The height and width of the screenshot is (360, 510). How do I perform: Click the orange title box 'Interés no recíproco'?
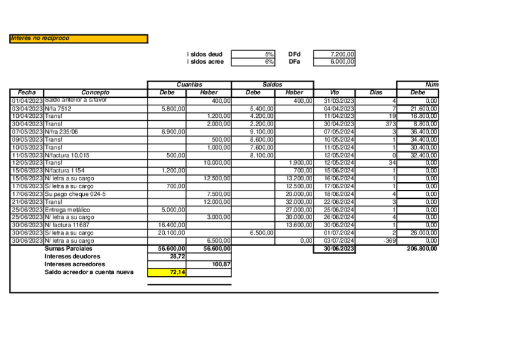78,38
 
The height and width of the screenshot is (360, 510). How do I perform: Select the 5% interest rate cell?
253,54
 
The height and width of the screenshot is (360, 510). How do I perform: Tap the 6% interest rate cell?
253,61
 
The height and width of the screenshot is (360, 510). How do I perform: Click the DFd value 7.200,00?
334,54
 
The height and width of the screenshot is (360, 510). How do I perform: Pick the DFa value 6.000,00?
334,61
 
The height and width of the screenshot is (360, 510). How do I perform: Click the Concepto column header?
96,93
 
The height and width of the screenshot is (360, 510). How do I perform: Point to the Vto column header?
334,93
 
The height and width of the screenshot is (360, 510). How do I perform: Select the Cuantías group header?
189,85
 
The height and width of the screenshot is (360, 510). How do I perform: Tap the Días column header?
376,93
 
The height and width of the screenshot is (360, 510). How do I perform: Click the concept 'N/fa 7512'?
58,108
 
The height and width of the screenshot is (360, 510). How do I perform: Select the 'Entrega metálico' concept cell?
67,210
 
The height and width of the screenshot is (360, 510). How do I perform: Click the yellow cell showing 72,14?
167,272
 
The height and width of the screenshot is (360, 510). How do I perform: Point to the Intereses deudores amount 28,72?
167,256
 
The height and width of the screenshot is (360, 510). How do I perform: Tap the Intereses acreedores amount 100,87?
209,264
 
